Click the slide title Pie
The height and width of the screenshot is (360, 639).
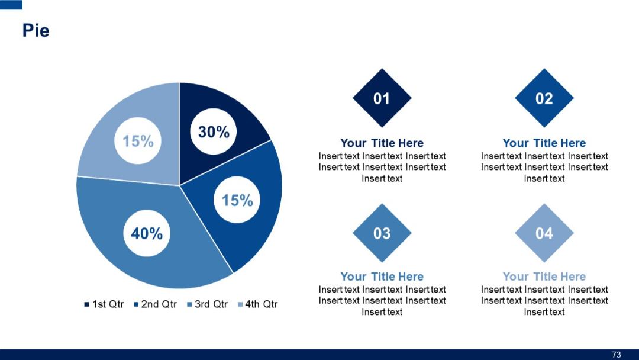[x=35, y=30]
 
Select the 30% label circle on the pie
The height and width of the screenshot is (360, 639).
[x=214, y=132]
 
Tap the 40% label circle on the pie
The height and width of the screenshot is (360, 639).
[x=147, y=233]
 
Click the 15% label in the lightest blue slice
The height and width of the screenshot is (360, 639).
[x=138, y=141]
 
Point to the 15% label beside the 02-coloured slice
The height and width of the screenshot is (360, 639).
[x=237, y=201]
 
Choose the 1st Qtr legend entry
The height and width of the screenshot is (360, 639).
[x=104, y=304]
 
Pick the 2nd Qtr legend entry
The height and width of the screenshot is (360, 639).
[x=156, y=304]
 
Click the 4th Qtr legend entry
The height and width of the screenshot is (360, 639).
[x=258, y=304]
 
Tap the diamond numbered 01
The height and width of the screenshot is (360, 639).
[x=382, y=98]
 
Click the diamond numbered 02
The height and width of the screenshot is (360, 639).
[x=544, y=98]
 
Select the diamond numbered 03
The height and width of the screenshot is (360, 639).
[x=382, y=233]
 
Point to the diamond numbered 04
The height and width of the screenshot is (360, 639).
[x=544, y=233]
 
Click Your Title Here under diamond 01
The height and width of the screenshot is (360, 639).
[x=382, y=143]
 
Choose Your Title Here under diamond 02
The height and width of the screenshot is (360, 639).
[x=544, y=143]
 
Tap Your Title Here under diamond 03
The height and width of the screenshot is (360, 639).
[x=382, y=277]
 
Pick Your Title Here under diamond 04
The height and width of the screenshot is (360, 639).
[x=544, y=277]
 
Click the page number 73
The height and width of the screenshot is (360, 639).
[x=617, y=355]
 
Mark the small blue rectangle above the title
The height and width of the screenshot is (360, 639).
[x=11, y=5]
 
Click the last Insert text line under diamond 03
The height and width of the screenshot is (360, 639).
[x=382, y=312]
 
